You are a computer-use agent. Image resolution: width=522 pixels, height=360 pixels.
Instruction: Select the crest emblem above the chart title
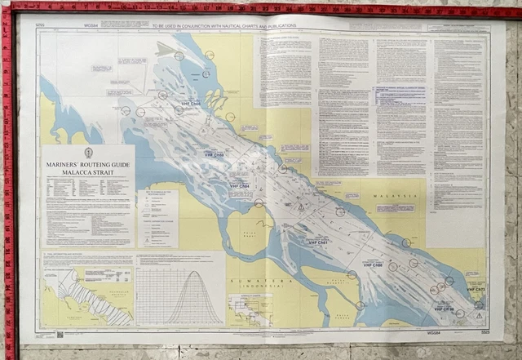coord(88,153)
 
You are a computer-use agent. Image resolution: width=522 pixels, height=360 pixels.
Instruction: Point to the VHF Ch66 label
coord(191,104)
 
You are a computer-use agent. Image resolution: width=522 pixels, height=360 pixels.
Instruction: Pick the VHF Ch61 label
coord(317,243)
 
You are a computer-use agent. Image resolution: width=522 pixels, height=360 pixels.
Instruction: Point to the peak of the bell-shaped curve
coord(193,272)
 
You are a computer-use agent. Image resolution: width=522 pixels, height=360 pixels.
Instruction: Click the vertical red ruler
coord(9,180)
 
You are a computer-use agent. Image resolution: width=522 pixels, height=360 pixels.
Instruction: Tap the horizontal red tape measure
coord(261,8)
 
